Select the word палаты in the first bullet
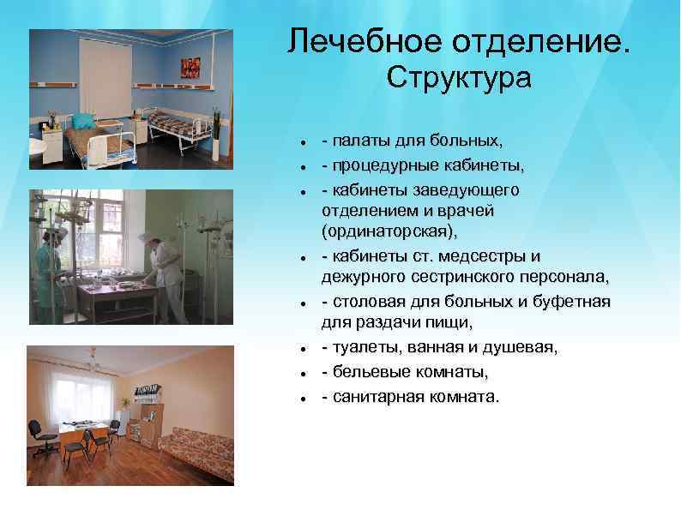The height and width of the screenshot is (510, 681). click(360, 141)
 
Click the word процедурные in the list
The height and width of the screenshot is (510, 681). click(384, 164)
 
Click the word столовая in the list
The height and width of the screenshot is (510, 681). click(365, 302)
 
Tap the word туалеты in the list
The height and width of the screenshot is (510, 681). click(361, 348)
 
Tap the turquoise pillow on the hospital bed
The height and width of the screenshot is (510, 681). click(82, 122)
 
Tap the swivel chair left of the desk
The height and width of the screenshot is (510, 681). click(38, 435)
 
